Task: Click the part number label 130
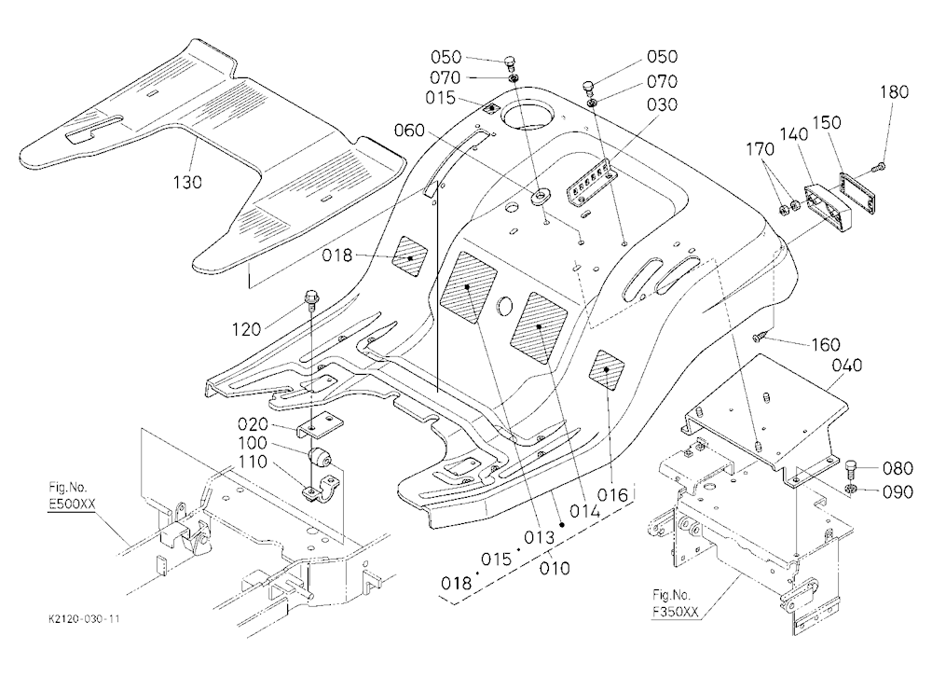pyautogui.click(x=187, y=182)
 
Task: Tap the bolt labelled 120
pyautogui.click(x=311, y=297)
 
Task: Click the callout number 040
pyautogui.click(x=847, y=365)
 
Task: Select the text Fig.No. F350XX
pyautogui.click(x=675, y=602)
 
